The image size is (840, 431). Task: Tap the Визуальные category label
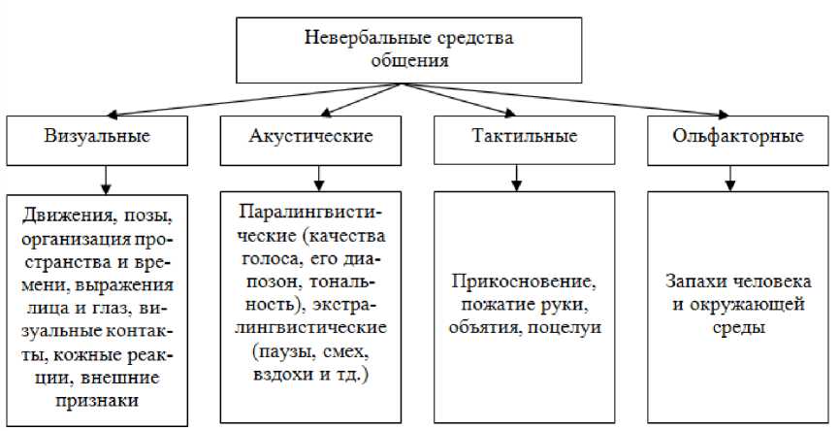[97, 136]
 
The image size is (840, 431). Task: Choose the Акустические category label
[310, 136]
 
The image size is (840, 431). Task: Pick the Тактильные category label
[524, 136]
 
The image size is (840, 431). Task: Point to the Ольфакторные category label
[738, 136]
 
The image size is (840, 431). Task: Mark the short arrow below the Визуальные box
[105, 178]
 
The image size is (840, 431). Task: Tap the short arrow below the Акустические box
[316, 177]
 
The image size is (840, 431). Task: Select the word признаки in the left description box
[97, 398]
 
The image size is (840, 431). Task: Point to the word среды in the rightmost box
[737, 327]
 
